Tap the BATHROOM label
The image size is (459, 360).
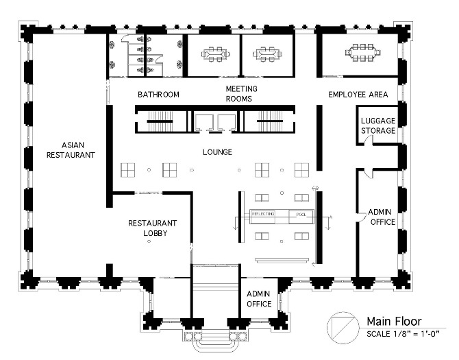[x=158, y=95]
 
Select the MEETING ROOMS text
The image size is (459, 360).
[x=241, y=94]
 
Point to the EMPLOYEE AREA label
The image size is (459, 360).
[x=358, y=95]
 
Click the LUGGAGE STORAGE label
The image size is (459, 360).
[x=377, y=125]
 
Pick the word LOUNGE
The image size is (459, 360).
[x=217, y=152]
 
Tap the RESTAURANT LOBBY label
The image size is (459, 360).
[x=153, y=228]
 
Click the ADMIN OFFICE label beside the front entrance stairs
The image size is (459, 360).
[x=259, y=298]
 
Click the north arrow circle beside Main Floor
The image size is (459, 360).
[x=341, y=326]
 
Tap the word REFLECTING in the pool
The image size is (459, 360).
[x=263, y=215]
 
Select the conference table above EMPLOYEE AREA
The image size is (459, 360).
[x=360, y=53]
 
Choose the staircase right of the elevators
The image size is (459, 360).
[x=269, y=123]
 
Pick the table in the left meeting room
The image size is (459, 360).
[x=213, y=53]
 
